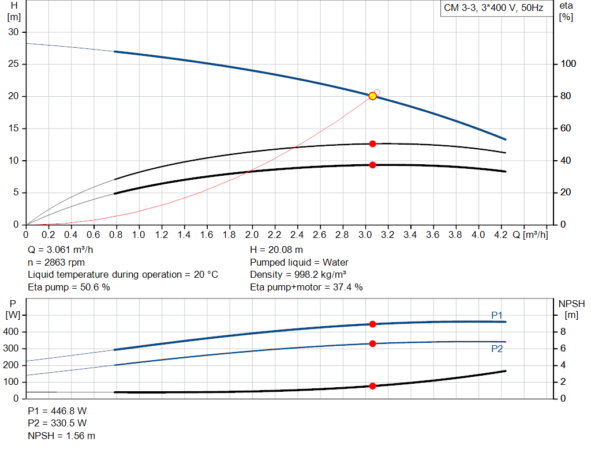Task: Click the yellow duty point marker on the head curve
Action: (372, 96)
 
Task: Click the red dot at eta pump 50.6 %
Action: (372, 143)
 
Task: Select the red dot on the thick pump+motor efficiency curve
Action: (372, 165)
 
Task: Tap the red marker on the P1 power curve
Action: (372, 324)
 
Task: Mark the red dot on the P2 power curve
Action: (372, 343)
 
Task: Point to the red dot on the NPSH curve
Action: (372, 386)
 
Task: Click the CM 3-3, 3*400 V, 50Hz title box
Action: (493, 9)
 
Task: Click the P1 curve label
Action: (497, 315)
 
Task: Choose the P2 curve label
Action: (497, 349)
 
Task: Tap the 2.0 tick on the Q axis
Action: (252, 235)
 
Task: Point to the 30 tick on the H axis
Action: (13, 32)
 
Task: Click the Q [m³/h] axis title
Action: (529, 235)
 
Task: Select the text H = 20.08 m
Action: (276, 250)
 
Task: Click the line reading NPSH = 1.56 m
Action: (62, 436)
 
